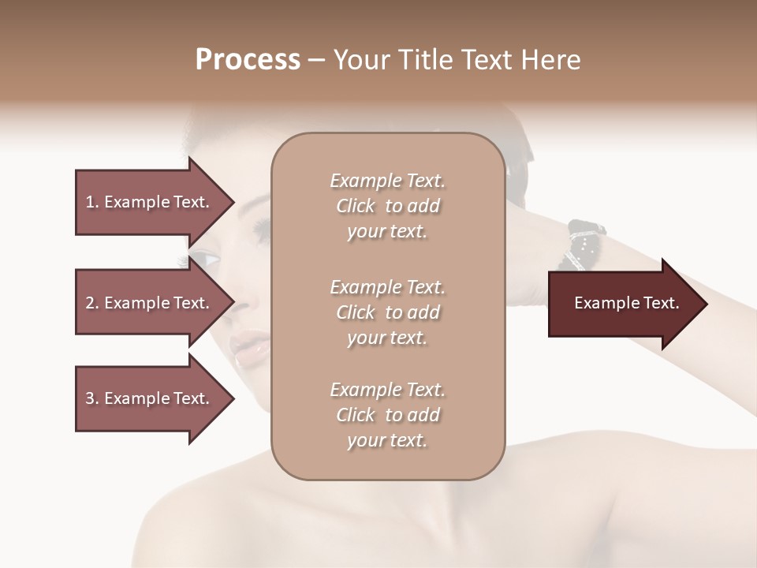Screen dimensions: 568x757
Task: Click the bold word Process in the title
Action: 248,60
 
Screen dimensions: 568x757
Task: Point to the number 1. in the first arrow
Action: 92,202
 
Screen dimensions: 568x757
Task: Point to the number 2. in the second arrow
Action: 92,303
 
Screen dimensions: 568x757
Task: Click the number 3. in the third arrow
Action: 92,398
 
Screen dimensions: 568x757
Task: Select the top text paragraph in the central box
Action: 387,206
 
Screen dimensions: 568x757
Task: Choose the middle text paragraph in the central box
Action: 387,312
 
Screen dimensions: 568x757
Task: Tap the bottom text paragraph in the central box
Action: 387,415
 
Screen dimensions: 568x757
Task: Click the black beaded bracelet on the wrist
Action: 584,241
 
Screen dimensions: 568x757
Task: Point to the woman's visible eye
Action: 207,259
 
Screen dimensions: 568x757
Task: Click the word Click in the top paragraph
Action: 356,206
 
